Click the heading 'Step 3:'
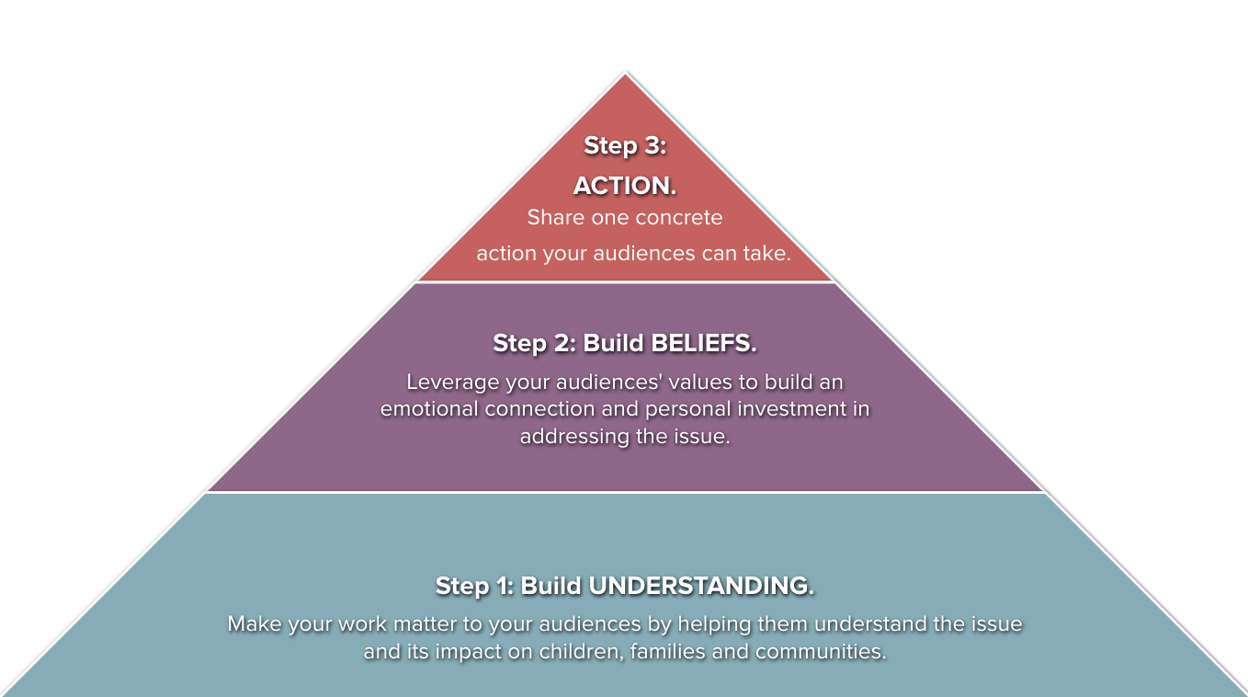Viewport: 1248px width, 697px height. point(625,146)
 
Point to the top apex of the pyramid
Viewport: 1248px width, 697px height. point(625,74)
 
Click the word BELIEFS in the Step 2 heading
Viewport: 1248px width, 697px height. point(702,344)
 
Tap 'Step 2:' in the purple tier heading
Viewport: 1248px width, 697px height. point(534,344)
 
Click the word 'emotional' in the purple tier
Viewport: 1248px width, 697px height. point(430,409)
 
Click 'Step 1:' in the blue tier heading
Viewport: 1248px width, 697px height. point(474,586)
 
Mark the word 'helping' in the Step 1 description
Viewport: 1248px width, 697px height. point(713,623)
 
